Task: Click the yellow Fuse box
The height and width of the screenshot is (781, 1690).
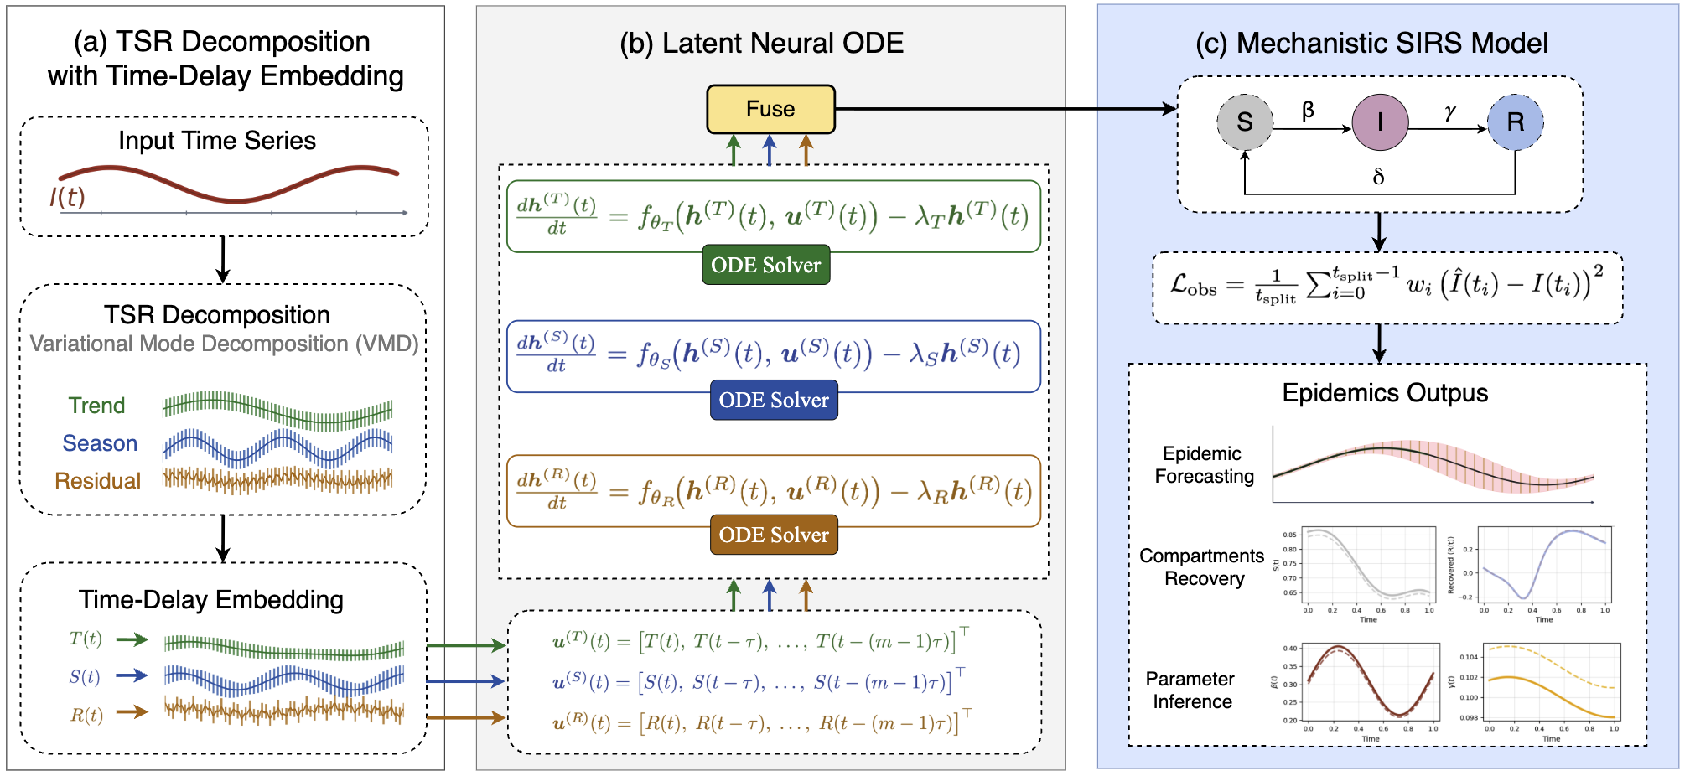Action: (770, 109)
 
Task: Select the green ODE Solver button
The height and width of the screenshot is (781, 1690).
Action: (765, 265)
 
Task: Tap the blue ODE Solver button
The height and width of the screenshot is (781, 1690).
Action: (773, 400)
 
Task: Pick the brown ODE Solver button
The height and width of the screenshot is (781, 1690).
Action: (773, 535)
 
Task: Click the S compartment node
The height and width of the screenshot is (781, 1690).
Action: (1245, 122)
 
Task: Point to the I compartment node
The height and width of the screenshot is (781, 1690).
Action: (1380, 122)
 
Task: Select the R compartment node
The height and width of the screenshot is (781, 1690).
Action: (1515, 122)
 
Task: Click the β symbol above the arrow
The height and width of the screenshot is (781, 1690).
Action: (1308, 111)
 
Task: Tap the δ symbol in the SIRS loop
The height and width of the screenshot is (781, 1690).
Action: (1378, 177)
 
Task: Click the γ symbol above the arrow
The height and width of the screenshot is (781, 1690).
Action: (1449, 111)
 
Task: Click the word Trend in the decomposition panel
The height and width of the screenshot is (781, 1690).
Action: (96, 406)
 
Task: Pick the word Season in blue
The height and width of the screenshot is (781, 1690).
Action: (100, 443)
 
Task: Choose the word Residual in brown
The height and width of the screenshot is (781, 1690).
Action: (97, 481)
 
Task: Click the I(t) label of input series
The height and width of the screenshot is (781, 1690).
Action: (67, 197)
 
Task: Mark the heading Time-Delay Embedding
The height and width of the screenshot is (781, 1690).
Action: (211, 599)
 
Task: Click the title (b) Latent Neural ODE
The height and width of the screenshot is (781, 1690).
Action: (761, 43)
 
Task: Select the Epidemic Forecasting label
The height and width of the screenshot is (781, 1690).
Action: (1204, 465)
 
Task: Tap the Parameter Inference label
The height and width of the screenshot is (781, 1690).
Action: (1191, 690)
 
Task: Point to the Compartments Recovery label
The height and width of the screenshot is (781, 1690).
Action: (1202, 567)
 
